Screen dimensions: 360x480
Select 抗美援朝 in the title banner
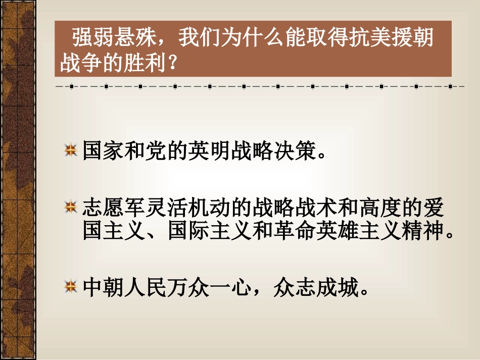point(396,38)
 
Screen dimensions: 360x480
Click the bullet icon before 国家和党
point(71,150)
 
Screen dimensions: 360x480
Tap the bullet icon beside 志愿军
point(71,207)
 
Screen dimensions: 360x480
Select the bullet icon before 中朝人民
point(71,288)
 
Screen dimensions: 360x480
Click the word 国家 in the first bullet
point(98,150)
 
